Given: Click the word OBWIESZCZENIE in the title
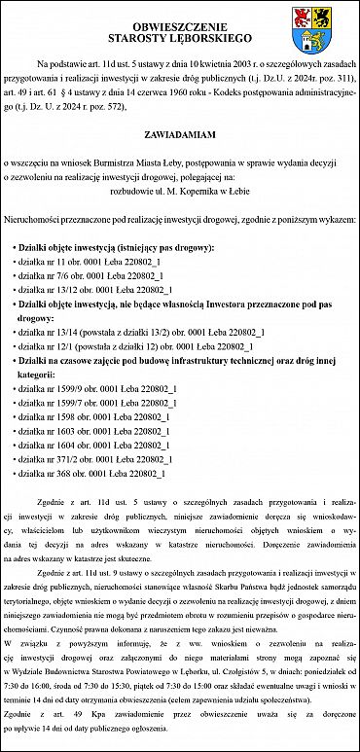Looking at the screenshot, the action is [x=179, y=26].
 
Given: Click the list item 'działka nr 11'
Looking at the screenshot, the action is [x=90, y=263].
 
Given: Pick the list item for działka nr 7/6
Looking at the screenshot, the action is [x=91, y=276].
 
